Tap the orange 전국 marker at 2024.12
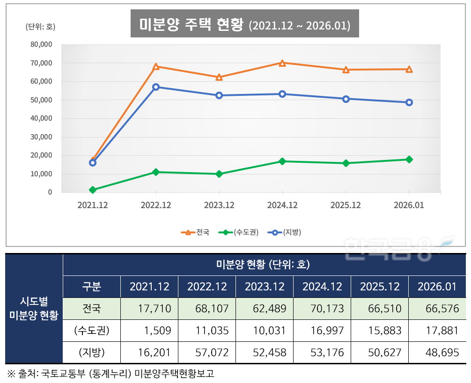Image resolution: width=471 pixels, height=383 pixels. click(x=282, y=63)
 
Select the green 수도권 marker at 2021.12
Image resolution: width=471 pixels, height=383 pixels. click(x=93, y=190)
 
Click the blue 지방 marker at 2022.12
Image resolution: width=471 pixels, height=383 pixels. click(x=156, y=87)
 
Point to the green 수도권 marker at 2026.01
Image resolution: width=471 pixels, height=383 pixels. click(x=409, y=159)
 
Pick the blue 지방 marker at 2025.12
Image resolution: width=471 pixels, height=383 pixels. click(x=346, y=99)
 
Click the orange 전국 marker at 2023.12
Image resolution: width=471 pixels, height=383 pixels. click(x=219, y=77)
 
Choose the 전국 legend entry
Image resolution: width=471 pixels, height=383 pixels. click(x=196, y=232)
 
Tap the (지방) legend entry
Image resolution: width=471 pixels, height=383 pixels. click(x=285, y=232)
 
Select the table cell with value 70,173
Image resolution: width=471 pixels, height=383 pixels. click(x=322, y=309)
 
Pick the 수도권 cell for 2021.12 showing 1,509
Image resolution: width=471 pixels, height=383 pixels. click(x=149, y=331)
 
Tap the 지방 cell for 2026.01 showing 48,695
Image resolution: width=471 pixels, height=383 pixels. click(x=437, y=352)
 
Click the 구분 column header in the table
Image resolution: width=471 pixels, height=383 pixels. click(x=92, y=287)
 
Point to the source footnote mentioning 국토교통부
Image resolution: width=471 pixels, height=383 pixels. click(x=110, y=374)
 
